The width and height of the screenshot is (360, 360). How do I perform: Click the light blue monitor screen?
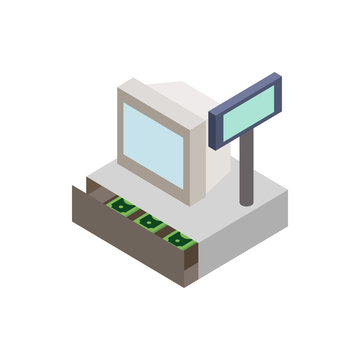[153, 141]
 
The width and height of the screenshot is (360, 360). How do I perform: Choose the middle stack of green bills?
[152, 221]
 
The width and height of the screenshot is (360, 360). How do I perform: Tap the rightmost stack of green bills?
[180, 238]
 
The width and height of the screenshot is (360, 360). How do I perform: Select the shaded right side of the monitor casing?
[200, 150]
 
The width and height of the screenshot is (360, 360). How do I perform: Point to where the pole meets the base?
[246, 201]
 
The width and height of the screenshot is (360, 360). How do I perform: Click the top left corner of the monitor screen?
[125, 107]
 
